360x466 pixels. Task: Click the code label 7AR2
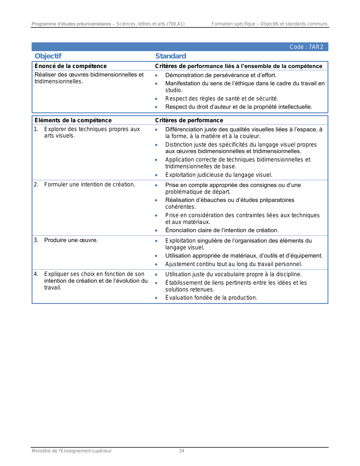306,47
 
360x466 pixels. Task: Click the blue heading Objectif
48,56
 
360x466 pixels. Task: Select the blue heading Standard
171,56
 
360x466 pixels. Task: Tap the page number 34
182,451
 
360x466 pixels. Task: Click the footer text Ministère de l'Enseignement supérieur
72,451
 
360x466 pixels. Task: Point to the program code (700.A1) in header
176,24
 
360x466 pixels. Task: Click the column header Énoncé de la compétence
71,66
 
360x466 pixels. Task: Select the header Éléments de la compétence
73,120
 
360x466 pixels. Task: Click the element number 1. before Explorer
36,129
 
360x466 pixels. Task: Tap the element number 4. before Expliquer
36,274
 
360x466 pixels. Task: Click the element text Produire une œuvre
71,240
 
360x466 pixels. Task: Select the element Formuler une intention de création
90,184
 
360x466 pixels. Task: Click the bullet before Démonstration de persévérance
156,75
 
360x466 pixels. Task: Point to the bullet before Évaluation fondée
156,298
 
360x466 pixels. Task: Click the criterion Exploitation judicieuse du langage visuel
219,175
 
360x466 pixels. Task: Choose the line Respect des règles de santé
222,99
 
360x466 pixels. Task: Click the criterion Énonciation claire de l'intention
222,230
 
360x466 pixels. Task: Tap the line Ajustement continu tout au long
234,264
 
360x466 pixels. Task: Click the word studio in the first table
174,90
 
